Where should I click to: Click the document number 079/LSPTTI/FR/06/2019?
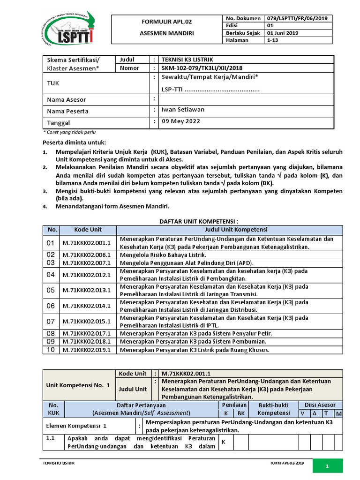[296, 18]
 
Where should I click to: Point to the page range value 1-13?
[272, 41]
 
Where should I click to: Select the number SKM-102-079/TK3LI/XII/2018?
[202, 68]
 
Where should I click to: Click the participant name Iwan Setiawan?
[183, 110]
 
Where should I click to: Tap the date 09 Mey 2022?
[180, 121]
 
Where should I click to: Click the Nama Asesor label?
[67, 100]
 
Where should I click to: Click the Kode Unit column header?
[88, 230]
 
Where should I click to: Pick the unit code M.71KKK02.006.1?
[87, 255]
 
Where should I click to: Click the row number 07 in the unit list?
[51, 322]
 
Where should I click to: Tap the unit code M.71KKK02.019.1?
[87, 349]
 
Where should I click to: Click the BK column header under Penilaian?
[241, 413]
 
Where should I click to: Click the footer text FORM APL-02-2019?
[287, 463]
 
